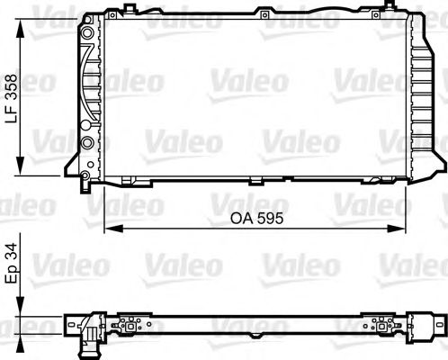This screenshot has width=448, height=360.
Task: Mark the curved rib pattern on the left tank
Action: click(x=93, y=90)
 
